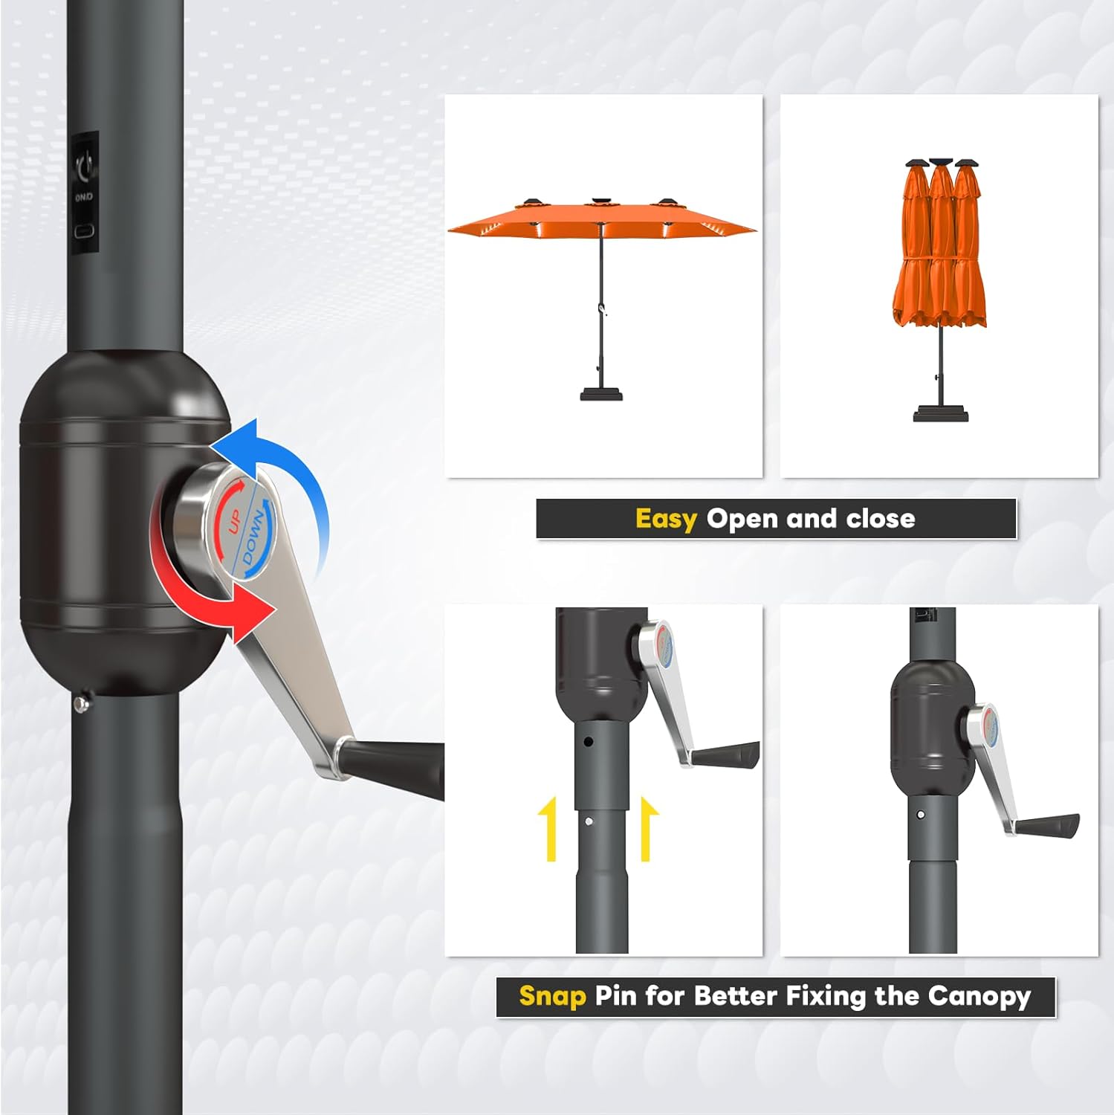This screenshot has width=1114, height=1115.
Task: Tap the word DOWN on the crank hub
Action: point(253,538)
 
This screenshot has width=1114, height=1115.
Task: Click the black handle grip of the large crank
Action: point(398,766)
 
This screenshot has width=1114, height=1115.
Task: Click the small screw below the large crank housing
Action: point(82,704)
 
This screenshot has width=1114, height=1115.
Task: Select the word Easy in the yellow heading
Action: point(666,519)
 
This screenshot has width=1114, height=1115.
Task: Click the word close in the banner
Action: point(881,519)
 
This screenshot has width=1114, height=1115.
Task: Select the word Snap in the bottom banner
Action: point(552,996)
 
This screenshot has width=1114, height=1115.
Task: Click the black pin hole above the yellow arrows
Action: point(588,742)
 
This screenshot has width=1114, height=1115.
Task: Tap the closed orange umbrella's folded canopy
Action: point(940,253)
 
